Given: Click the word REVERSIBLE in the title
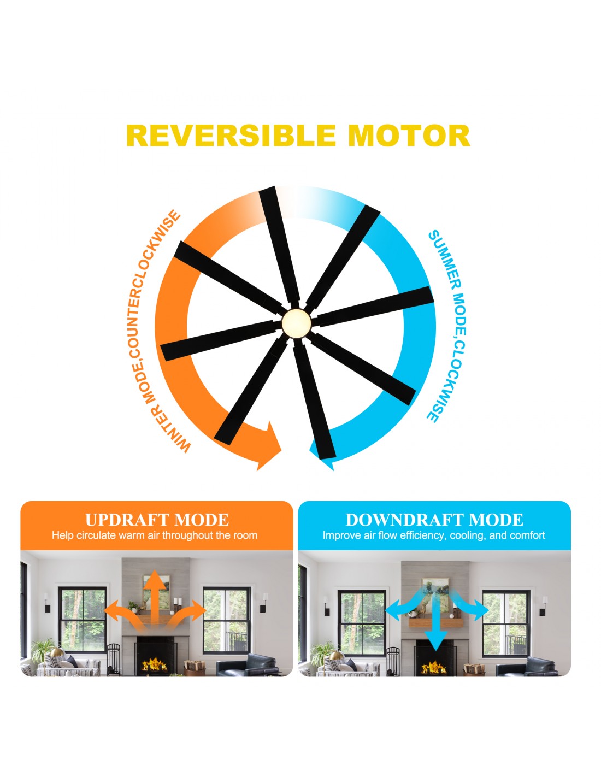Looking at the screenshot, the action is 231,136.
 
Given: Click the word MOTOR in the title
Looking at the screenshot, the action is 409,136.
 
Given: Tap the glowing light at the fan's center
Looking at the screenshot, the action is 296,323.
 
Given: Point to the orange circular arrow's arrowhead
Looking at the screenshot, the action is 269,445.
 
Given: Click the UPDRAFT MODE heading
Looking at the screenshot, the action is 157,520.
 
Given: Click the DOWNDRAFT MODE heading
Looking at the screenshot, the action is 434,520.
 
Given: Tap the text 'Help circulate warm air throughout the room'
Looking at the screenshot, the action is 155,535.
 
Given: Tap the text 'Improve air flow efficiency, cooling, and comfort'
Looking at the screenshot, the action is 434,535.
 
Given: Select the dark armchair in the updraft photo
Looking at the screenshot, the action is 247,665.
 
